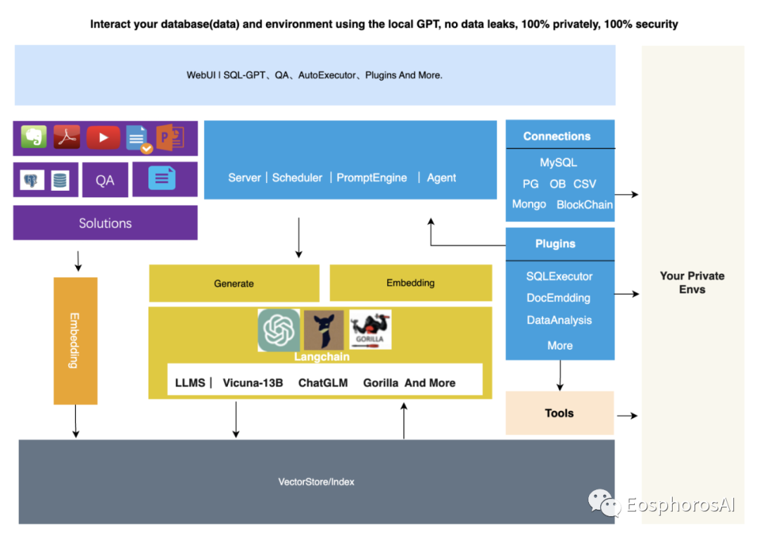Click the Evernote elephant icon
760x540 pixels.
point(34,137)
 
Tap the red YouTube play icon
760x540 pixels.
point(103,137)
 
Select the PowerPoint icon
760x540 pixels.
point(170,137)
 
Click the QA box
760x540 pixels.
point(105,180)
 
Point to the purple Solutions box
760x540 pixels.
point(106,223)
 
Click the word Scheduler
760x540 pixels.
point(297,178)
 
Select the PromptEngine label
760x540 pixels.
point(372,178)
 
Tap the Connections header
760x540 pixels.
point(557,137)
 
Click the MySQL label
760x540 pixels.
point(558,163)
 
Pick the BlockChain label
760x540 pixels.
point(584,205)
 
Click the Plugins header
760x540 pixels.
point(555,244)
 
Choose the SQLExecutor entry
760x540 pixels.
point(559,277)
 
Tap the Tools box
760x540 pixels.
point(559,413)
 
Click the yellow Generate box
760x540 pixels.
point(234,283)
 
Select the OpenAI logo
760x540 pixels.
point(279,330)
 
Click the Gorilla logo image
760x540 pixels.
point(370,329)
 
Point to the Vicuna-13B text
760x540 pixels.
point(253,383)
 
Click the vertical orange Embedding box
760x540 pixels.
point(75,341)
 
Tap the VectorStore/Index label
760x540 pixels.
point(317,482)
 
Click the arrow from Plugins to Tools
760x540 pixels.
point(560,375)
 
